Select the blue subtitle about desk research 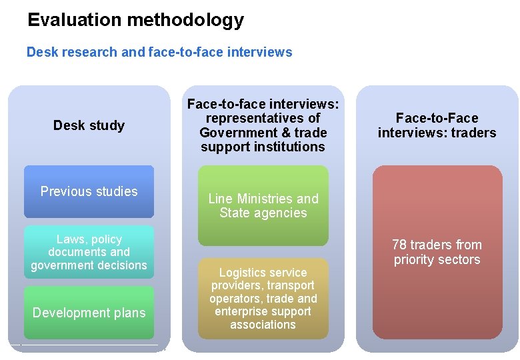pos(159,52)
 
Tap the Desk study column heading pos(89,125)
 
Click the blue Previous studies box pos(89,192)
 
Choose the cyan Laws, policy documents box pos(89,252)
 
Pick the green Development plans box pos(89,313)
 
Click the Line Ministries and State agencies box pos(263,206)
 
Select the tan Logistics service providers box pos(263,299)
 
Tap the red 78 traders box pos(437,252)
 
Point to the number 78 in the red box pos(399,245)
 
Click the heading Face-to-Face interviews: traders pos(437,125)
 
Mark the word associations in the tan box pos(263,325)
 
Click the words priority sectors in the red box pos(437,259)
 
